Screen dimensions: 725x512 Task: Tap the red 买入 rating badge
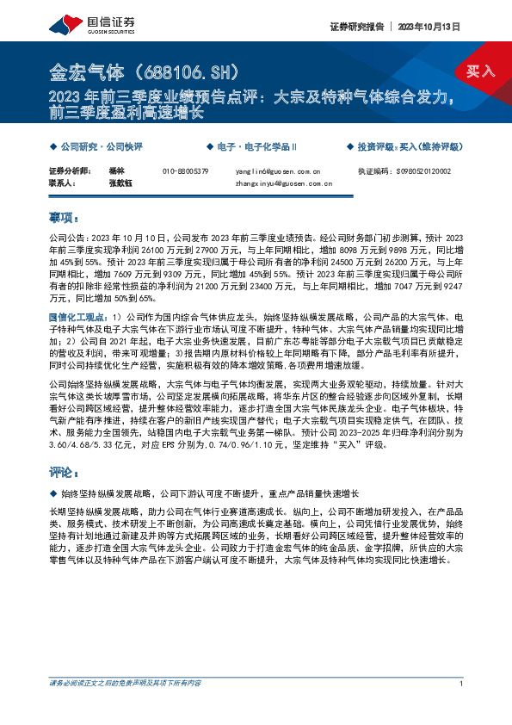(x=480, y=71)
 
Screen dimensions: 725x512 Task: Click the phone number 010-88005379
(x=185, y=171)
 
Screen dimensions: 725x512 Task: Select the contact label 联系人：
(x=64, y=183)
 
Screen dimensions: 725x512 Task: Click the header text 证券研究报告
(x=356, y=27)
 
